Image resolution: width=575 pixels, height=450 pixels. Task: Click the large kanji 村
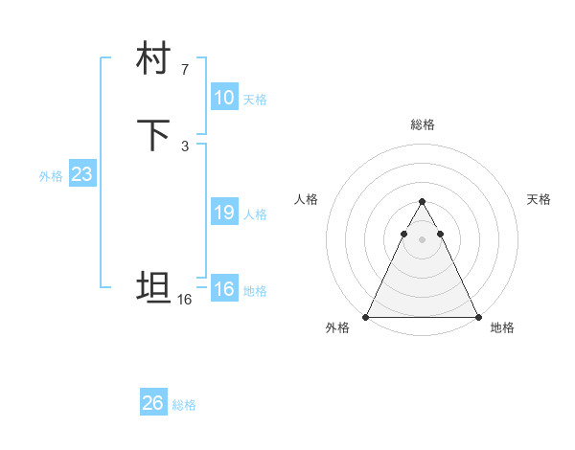point(153,60)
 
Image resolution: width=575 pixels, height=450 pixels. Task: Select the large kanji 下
point(153,135)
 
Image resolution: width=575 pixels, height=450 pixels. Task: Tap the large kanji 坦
point(153,287)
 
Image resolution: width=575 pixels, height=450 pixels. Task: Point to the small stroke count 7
point(185,69)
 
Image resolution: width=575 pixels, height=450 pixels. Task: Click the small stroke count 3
point(185,146)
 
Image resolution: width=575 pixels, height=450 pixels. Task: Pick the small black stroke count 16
point(185,300)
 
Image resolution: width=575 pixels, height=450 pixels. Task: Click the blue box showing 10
point(223,98)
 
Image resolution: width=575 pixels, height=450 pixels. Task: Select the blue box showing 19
point(223,214)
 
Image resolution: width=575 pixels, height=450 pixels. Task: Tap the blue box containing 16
point(223,290)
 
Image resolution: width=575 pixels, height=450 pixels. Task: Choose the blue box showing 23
point(81,175)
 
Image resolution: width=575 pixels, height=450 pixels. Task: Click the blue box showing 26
point(153,403)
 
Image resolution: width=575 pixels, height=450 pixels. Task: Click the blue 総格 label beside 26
point(184,405)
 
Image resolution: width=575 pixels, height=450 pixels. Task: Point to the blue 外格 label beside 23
point(51,176)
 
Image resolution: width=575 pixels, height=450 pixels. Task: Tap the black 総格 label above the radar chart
point(422,124)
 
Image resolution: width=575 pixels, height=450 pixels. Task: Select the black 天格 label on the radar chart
point(539,199)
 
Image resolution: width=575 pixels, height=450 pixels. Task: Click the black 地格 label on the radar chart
point(502,327)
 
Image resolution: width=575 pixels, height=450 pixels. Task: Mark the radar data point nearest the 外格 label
point(366,317)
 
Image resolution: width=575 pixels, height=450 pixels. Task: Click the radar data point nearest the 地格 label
point(477,317)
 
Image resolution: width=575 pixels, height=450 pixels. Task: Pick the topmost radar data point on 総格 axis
point(422,202)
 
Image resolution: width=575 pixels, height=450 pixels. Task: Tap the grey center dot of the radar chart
point(422,238)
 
